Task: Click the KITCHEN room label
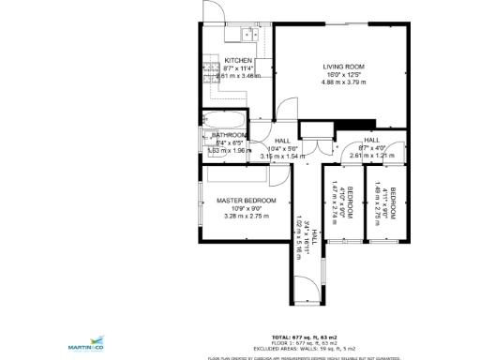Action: [238, 61]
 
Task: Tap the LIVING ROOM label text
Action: [344, 66]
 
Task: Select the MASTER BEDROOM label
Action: [247, 201]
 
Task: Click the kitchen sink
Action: [247, 36]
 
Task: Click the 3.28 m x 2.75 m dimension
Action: [247, 217]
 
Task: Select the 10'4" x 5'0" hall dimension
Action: [282, 148]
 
